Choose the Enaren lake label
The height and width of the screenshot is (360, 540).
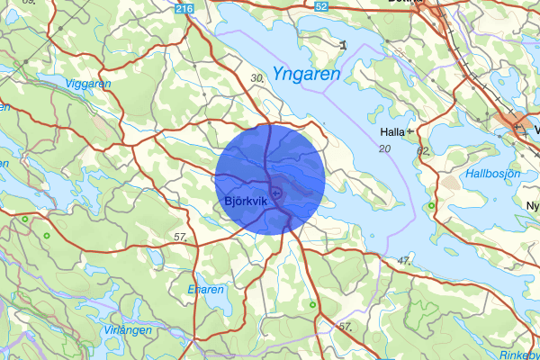click(205, 290)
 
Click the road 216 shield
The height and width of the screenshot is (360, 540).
click(185, 8)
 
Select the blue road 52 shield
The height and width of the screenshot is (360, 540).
click(321, 6)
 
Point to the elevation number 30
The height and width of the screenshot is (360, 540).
click(257, 79)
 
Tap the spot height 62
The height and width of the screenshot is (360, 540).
click(424, 150)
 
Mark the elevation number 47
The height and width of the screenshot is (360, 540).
click(402, 261)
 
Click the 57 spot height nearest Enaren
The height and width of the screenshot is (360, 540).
click(181, 237)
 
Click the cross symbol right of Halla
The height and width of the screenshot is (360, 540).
click(410, 131)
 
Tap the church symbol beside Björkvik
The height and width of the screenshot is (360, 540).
click(276, 193)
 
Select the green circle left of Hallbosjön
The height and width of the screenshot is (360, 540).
click(431, 206)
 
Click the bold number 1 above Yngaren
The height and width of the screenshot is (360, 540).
click(343, 42)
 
